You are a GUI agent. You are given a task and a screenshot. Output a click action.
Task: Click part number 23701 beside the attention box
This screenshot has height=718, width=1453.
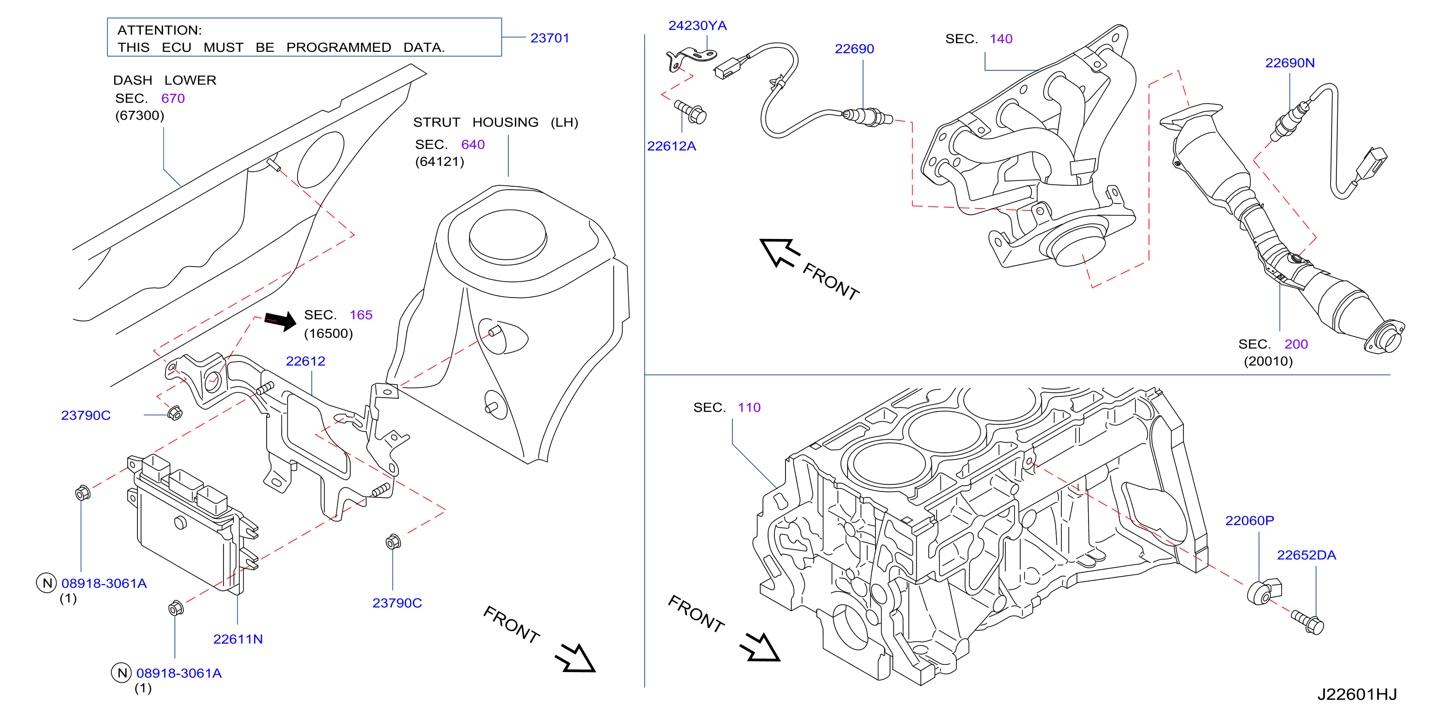pos(549,38)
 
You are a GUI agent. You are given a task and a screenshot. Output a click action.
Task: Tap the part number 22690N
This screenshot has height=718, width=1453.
pos(1289,62)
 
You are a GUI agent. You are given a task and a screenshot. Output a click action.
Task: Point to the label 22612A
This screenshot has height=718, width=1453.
pos(671,146)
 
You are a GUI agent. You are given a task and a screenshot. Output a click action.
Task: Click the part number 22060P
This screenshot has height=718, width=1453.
pos(1249,521)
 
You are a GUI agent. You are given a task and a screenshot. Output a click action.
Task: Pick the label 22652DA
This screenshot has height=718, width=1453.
pos(1306,555)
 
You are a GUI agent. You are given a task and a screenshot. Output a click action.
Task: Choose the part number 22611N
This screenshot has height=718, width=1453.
pos(238,639)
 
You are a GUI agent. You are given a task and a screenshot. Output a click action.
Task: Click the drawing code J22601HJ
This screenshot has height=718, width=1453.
pos(1357,694)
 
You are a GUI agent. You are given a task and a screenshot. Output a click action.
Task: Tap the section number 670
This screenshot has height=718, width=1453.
pos(173,98)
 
